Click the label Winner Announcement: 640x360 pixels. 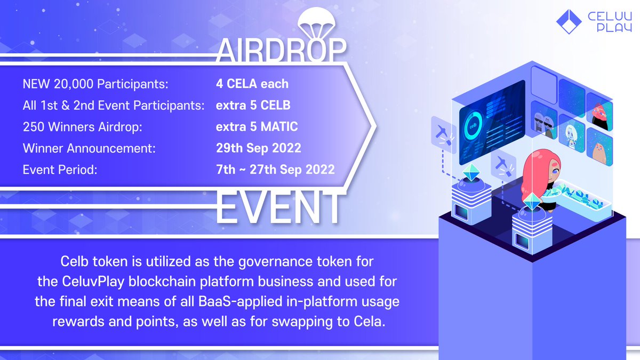click(x=89, y=148)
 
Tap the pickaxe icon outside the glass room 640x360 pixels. click(x=444, y=132)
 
